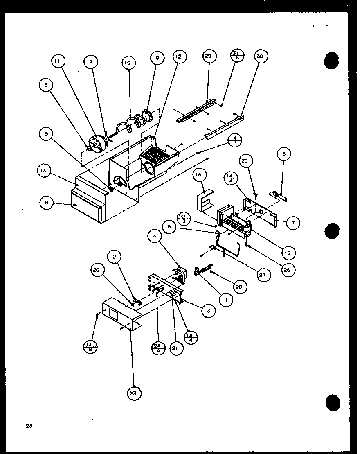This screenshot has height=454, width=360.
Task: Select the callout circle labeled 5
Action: pyautogui.click(x=46, y=85)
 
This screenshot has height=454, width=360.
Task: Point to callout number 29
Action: pyautogui.click(x=209, y=56)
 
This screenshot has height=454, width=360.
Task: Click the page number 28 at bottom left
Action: pyautogui.click(x=29, y=426)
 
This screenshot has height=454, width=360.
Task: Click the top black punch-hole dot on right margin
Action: pyautogui.click(x=332, y=61)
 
